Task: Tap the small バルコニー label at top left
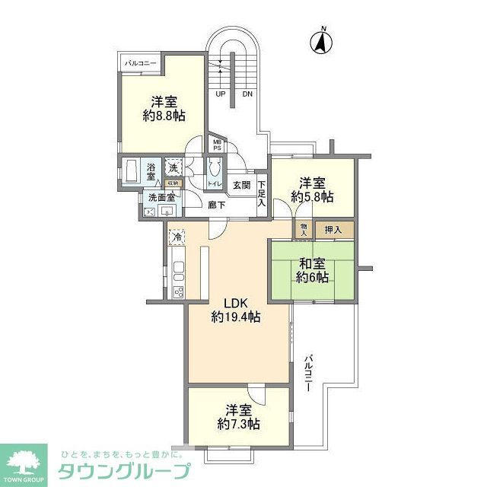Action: pyautogui.click(x=141, y=63)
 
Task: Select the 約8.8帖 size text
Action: pyautogui.click(x=164, y=116)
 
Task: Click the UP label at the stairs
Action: pyautogui.click(x=221, y=94)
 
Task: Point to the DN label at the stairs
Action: pyautogui.click(x=248, y=94)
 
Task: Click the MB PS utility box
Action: pyautogui.click(x=217, y=145)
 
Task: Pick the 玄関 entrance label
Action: pyautogui.click(x=241, y=185)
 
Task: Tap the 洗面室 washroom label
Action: pyautogui.click(x=161, y=197)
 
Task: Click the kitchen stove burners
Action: pyautogui.click(x=179, y=291)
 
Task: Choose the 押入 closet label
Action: pyautogui.click(x=333, y=228)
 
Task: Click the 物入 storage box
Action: pyautogui.click(x=304, y=228)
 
